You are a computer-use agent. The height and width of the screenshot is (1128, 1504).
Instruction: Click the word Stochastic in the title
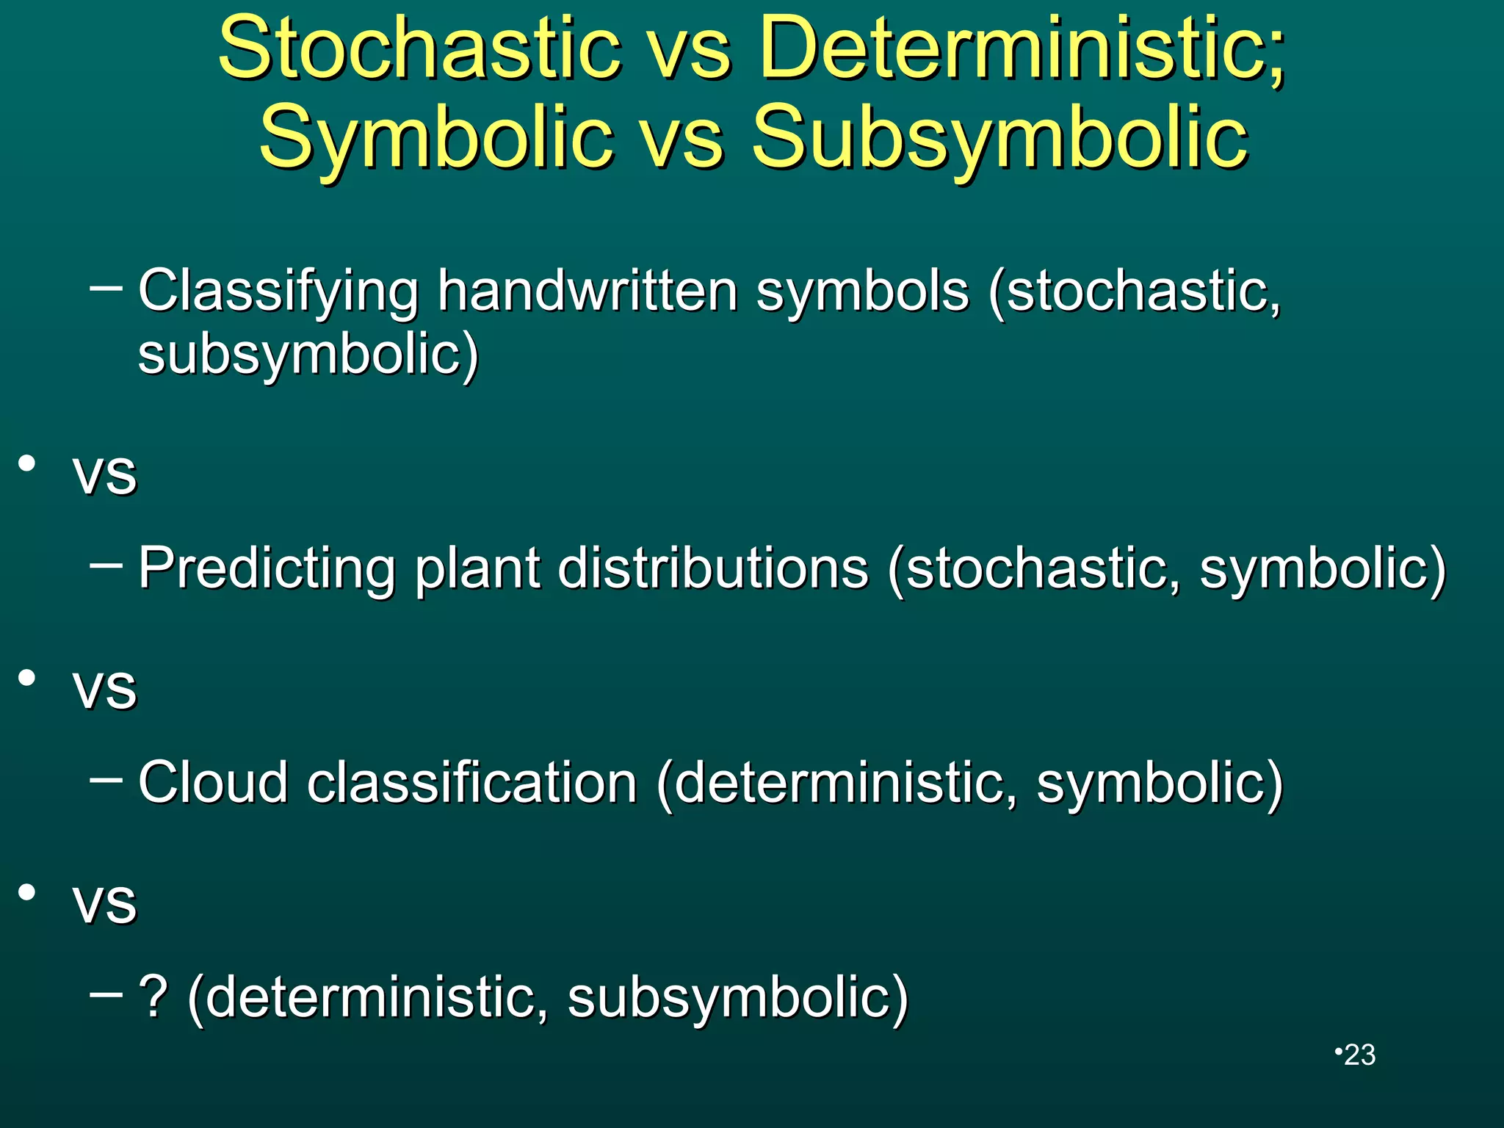pos(419,49)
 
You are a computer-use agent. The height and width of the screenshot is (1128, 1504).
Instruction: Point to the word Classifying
pos(278,292)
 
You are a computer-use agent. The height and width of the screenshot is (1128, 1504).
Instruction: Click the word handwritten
pos(587,292)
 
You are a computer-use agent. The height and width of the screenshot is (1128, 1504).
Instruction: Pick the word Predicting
pos(267,568)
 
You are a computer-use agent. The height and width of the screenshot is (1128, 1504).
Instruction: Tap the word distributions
pos(712,568)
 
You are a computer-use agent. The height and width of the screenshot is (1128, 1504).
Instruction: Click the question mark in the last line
pos(153,997)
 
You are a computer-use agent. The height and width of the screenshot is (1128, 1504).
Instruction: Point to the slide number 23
pos(1359,1055)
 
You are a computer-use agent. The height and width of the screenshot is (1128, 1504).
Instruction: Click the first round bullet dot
pos(27,463)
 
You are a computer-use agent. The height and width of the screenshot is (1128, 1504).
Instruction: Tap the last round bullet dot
pos(27,892)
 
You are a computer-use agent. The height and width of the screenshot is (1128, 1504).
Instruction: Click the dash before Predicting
pos(106,565)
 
